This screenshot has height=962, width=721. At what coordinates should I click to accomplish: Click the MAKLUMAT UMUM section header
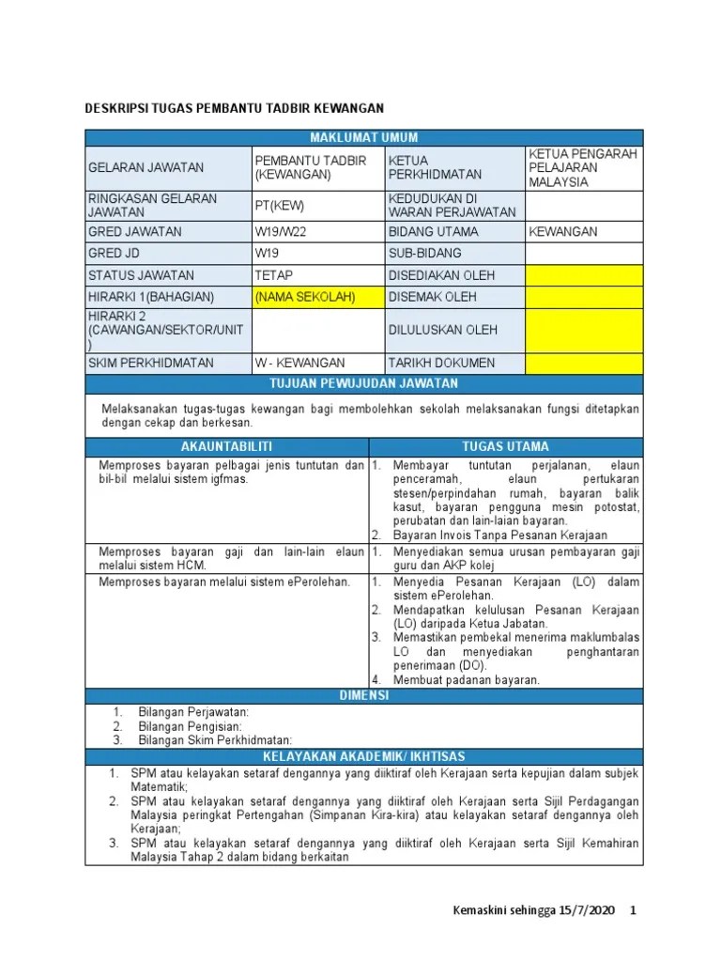point(363,138)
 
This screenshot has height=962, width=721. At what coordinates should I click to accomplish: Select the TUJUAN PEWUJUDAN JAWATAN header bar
point(363,383)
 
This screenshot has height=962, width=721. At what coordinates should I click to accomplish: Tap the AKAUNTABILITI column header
point(225,446)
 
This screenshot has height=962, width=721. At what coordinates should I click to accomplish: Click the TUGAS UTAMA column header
point(505,446)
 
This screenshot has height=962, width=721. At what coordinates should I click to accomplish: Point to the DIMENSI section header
point(363,695)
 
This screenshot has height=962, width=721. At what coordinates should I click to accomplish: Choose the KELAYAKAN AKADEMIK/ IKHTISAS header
point(363,756)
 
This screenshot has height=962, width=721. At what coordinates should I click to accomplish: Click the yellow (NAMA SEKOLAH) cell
point(305,297)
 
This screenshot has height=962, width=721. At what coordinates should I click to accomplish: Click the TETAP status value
point(274,275)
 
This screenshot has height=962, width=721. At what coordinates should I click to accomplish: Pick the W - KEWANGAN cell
point(299,363)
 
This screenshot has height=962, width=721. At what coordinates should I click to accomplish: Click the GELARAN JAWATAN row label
point(146,167)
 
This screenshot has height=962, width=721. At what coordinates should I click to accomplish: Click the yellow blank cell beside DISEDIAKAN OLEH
point(583,275)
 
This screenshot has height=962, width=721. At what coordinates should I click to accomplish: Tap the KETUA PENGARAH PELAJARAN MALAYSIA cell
point(583,167)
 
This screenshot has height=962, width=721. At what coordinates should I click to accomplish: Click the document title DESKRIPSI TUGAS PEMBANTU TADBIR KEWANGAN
point(235,109)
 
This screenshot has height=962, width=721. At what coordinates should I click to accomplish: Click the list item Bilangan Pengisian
point(191,726)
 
